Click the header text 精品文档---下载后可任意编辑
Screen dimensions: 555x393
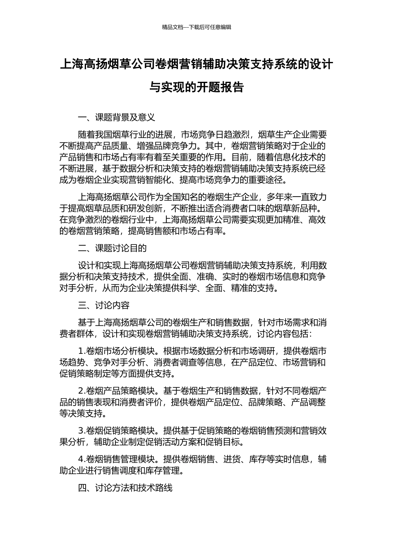(x=196, y=27)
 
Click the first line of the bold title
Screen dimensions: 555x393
(x=196, y=64)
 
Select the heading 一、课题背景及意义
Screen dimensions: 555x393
(x=116, y=118)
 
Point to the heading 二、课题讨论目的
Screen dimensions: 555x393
(x=112, y=248)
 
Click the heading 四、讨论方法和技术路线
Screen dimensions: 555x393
(x=125, y=488)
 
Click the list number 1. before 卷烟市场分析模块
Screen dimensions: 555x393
(x=81, y=351)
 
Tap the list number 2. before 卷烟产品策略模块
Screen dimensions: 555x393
(x=81, y=390)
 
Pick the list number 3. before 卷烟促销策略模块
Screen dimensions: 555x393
(x=81, y=430)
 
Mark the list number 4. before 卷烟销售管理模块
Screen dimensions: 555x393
(x=81, y=459)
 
